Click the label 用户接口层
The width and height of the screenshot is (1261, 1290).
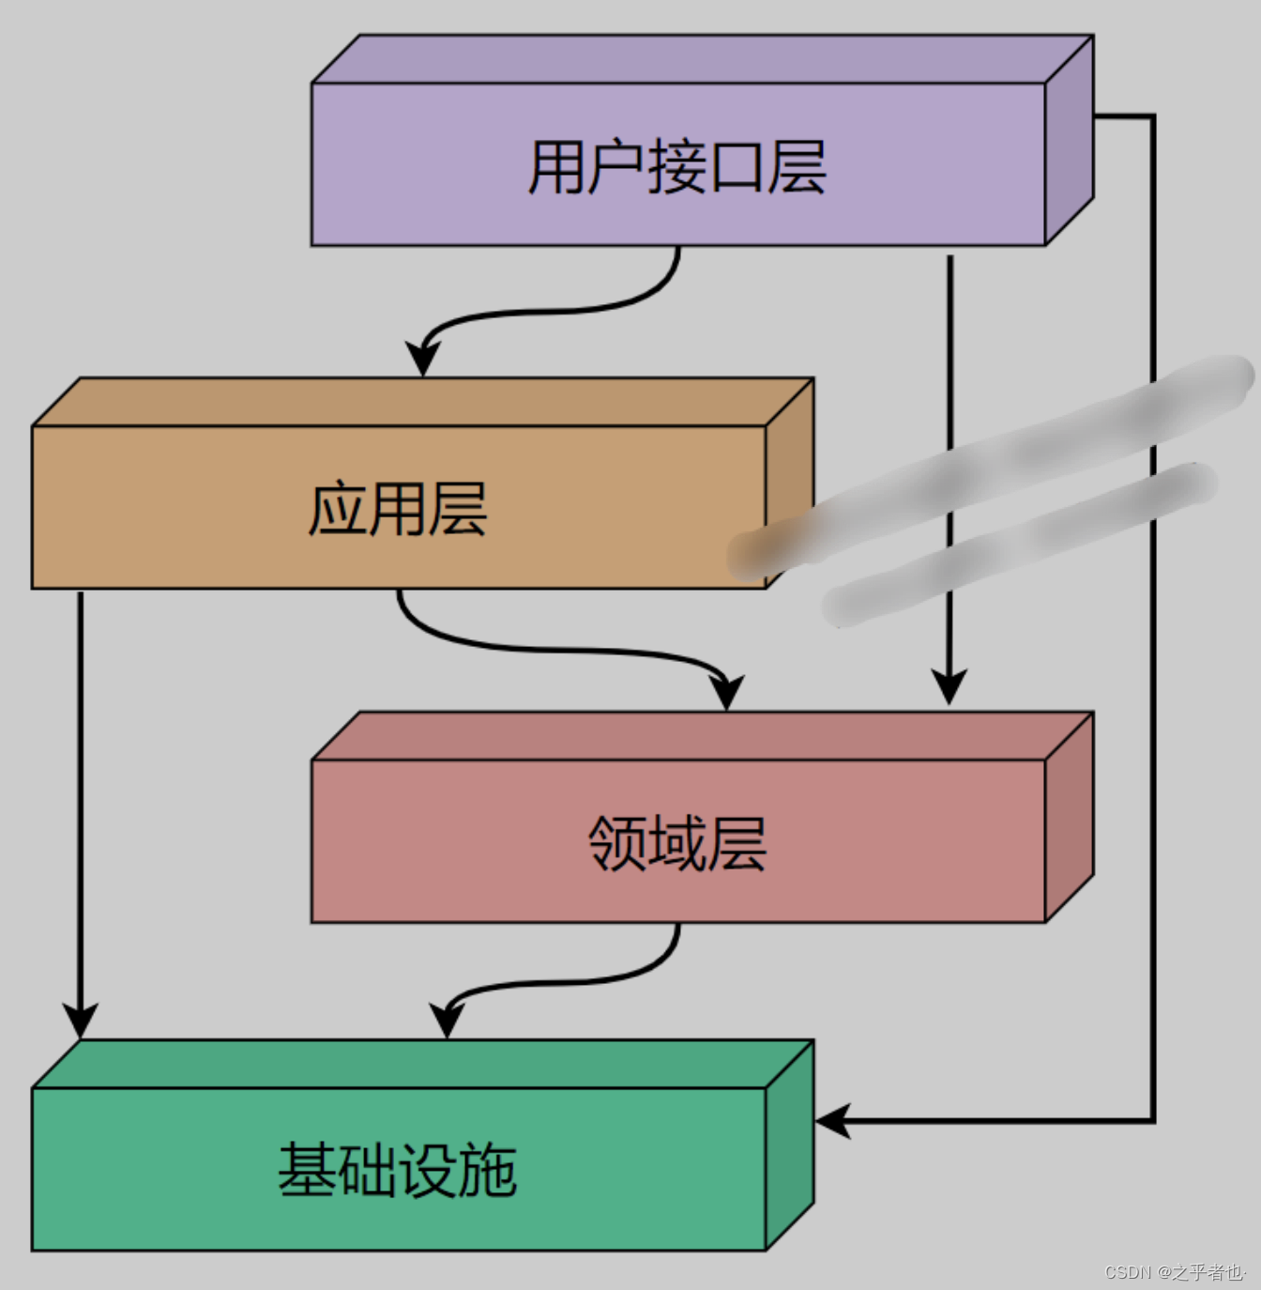point(676,167)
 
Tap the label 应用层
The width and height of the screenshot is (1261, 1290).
point(398,509)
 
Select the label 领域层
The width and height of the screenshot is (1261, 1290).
point(676,843)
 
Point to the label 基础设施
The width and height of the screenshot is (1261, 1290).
point(398,1170)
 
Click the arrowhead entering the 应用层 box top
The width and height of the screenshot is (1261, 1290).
point(423,359)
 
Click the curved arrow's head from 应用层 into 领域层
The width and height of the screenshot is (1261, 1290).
point(727,692)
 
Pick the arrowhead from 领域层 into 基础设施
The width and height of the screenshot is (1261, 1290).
point(448,1021)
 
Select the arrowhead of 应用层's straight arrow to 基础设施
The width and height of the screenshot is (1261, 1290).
point(81,1020)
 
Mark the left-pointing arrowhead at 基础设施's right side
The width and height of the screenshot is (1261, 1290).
point(833,1120)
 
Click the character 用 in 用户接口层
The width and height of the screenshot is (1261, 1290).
point(557,167)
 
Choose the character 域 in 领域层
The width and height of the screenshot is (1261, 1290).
point(676,843)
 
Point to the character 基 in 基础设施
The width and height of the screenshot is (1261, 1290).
point(308,1170)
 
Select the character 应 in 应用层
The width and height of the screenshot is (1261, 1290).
point(338,509)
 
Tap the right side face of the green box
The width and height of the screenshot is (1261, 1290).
point(790,1145)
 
